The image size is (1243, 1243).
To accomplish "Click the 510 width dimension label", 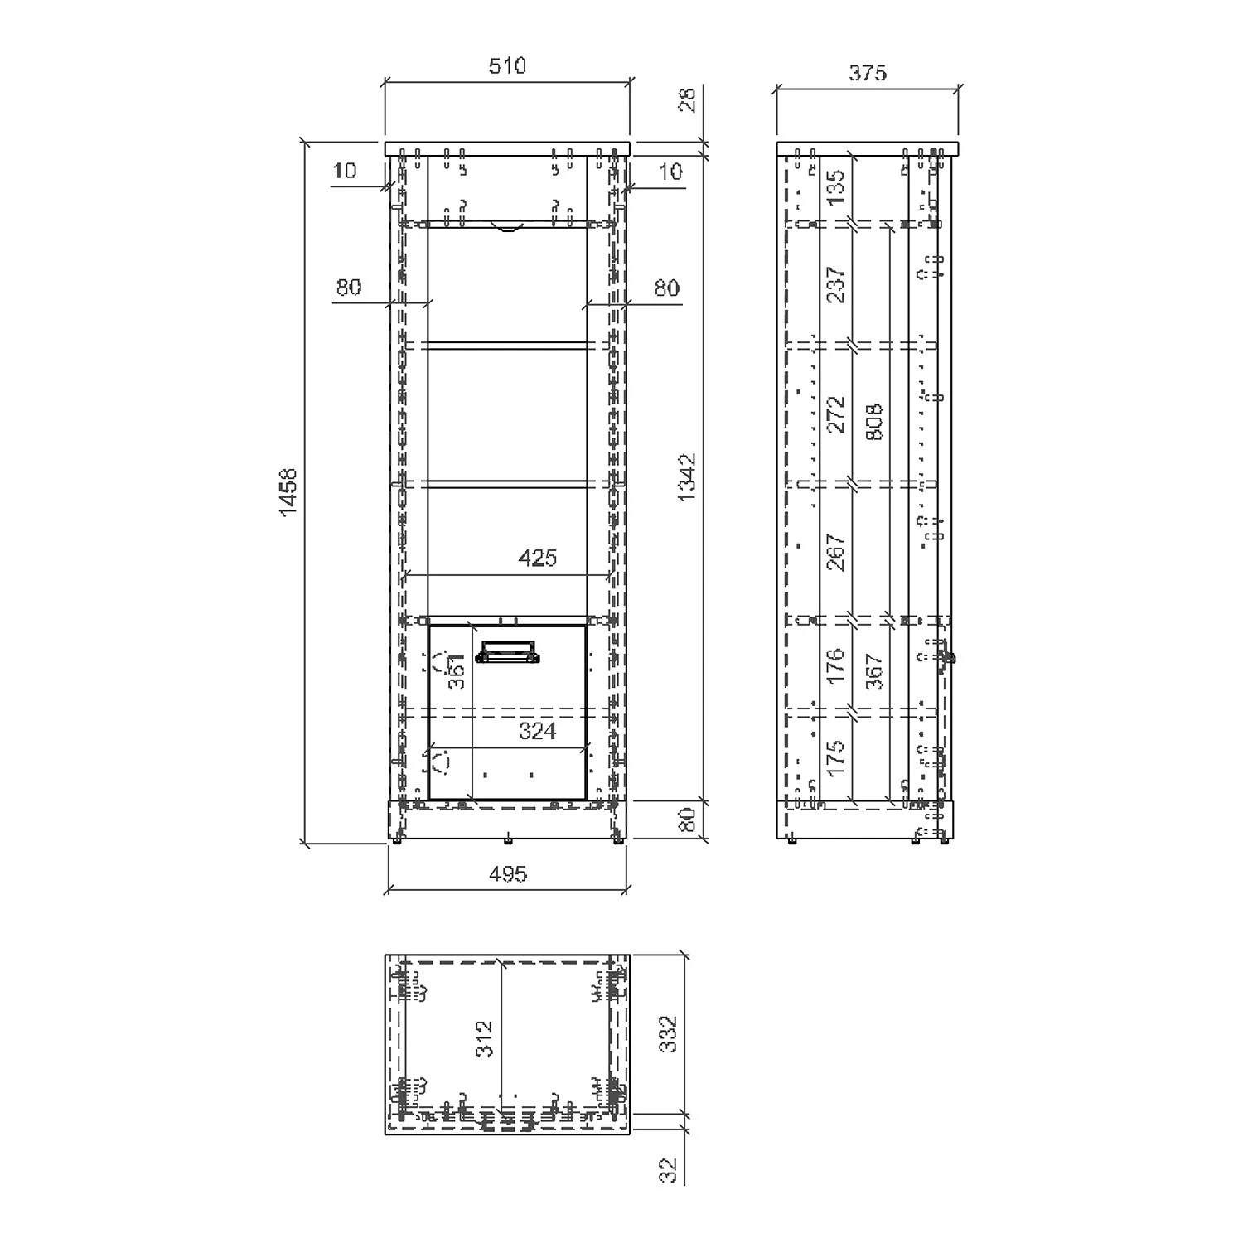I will click(x=507, y=66).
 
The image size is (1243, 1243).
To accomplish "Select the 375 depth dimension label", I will click(x=868, y=73).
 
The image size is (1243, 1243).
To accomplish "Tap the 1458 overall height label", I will click(x=288, y=492).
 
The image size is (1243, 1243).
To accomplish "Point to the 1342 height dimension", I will click(x=688, y=478).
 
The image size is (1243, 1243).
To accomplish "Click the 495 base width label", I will click(x=507, y=873).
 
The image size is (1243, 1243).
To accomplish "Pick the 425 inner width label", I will click(x=537, y=559).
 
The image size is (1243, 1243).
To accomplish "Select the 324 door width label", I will click(x=537, y=731).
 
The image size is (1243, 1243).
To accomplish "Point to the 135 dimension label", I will click(x=836, y=187).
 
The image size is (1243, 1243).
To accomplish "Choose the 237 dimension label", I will click(x=836, y=284).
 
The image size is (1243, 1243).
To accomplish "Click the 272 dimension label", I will click(x=836, y=414).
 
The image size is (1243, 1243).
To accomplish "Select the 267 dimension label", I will click(x=836, y=552).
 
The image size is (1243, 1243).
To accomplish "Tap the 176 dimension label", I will click(x=836, y=665).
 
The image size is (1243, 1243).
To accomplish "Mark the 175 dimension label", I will click(x=836, y=757).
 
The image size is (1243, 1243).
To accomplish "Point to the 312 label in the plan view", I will click(x=486, y=1038).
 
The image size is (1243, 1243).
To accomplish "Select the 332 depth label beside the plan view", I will click(x=669, y=1034).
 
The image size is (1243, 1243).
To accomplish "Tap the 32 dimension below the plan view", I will click(x=670, y=1168).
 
